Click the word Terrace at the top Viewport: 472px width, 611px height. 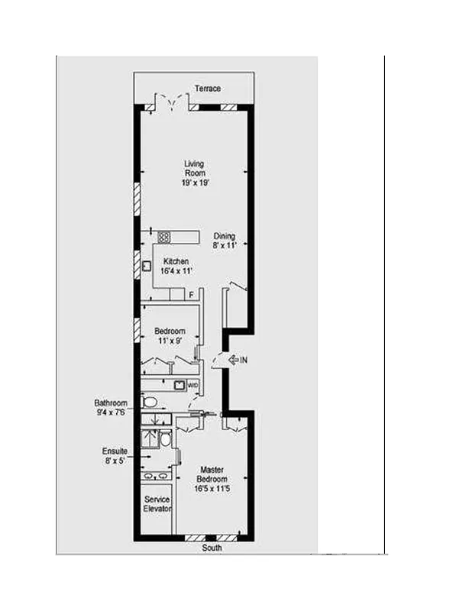pyautogui.click(x=207, y=89)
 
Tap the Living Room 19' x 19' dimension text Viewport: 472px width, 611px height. pyautogui.click(x=195, y=183)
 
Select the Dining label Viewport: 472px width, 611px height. pyautogui.click(x=224, y=236)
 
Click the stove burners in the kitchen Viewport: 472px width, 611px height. pyautogui.click(x=163, y=237)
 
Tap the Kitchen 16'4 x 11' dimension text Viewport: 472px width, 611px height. pyautogui.click(x=176, y=272)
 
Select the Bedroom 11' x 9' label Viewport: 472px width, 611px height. pyautogui.click(x=170, y=341)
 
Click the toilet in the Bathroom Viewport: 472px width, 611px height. pyautogui.click(x=150, y=401)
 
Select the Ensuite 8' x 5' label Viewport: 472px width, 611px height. pyautogui.click(x=115, y=456)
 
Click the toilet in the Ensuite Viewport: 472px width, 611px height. pyautogui.click(x=165, y=439)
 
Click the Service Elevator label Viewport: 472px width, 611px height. pyautogui.click(x=157, y=504)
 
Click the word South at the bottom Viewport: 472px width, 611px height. pyautogui.click(x=212, y=548)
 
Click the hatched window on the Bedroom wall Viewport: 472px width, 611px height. pyautogui.click(x=137, y=330)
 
